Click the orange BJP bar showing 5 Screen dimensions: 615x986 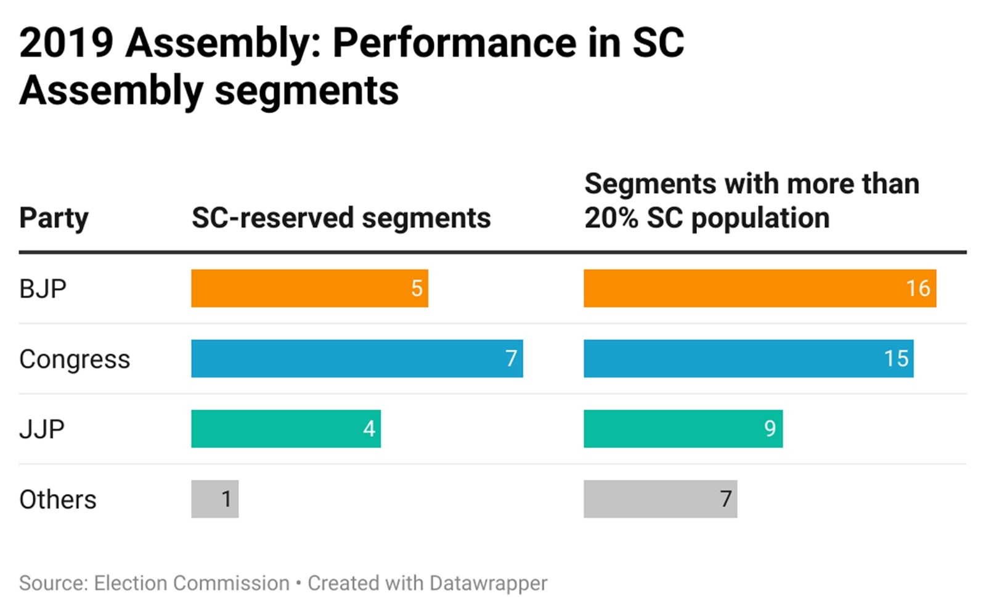point(309,288)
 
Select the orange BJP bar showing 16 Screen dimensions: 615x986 point(759,288)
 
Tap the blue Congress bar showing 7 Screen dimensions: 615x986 point(357,358)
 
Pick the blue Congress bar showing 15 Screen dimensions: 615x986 point(748,358)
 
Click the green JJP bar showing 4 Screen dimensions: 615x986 point(285,429)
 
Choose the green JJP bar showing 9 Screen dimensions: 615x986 point(683,429)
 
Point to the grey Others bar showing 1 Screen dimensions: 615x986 point(214,499)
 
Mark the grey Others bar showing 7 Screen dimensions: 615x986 point(660,499)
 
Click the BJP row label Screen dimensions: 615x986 point(43,289)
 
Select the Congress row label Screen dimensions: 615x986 point(75,359)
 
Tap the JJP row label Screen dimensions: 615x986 point(42,429)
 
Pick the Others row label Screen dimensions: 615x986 point(58,500)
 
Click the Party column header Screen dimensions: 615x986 point(54,218)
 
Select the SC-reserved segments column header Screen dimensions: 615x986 point(341,218)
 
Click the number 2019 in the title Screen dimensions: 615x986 point(67,43)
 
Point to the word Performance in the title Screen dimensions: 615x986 point(455,43)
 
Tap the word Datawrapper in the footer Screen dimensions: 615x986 point(488,583)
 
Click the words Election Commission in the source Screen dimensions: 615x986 point(192,583)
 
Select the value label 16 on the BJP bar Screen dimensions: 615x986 point(918,288)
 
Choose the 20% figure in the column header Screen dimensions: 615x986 point(611,218)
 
